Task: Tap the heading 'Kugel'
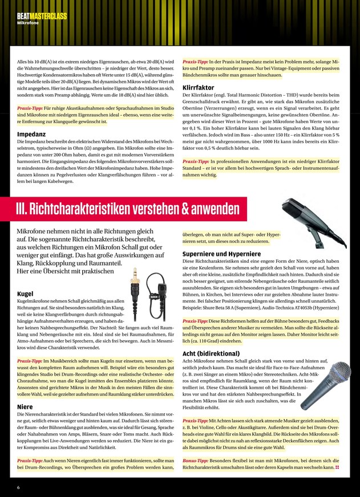point(25,294)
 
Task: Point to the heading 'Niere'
point(25,407)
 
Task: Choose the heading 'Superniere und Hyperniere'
point(221,254)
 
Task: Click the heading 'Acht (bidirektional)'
point(211,353)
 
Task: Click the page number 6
point(18,487)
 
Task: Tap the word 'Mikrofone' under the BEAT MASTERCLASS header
point(28,23)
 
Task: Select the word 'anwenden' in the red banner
point(212,209)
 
